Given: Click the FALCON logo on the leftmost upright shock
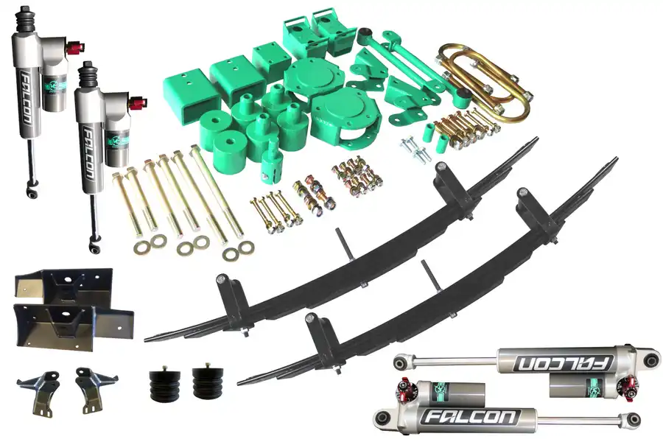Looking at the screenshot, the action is point(26,99).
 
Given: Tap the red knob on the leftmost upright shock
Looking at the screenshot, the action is point(76,47).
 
